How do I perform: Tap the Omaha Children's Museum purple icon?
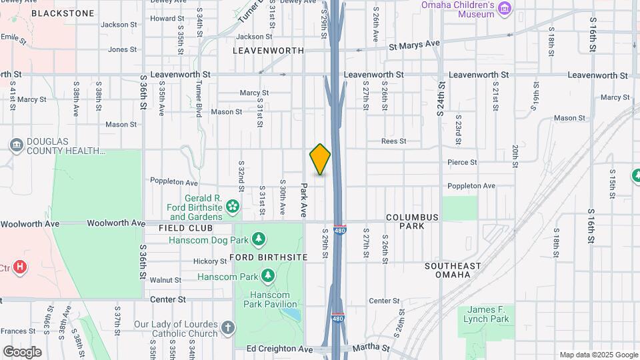pyautogui.click(x=505, y=8)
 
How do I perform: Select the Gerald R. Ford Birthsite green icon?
pyautogui.click(x=233, y=207)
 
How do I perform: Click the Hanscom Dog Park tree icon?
pyautogui.click(x=259, y=239)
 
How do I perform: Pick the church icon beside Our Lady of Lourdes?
pyautogui.click(x=228, y=327)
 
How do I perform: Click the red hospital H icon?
pyautogui.click(x=21, y=267)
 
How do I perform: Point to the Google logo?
pyautogui.click(x=22, y=352)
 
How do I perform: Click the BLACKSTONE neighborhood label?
pyautogui.click(x=54, y=13)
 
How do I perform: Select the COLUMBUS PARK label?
pyautogui.click(x=412, y=222)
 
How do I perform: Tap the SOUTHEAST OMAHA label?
pyautogui.click(x=453, y=270)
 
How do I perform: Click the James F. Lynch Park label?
pyautogui.click(x=488, y=314)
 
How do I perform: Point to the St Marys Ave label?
pyautogui.click(x=415, y=45)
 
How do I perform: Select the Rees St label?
pyautogui.click(x=393, y=141)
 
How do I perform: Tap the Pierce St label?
pyautogui.click(x=462, y=162)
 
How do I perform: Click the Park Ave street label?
pyautogui.click(x=303, y=199)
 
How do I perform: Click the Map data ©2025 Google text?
pyautogui.click(x=599, y=355)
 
